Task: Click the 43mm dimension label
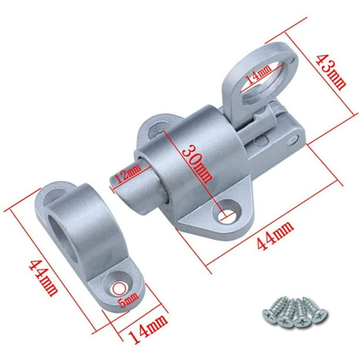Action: point(331,72)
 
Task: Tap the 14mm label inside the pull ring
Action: point(258,74)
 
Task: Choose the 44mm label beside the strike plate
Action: point(43,278)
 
